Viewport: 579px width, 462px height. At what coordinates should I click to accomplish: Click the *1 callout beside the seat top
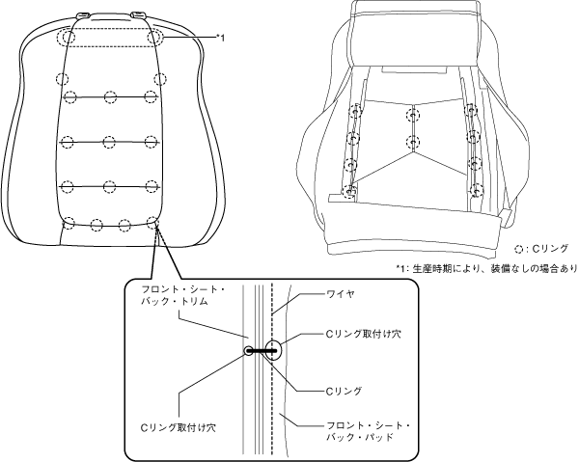[220, 38]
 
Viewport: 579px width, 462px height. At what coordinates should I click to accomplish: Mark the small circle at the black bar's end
[248, 351]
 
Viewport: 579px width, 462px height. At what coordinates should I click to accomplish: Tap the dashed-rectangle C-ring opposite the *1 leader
[66, 38]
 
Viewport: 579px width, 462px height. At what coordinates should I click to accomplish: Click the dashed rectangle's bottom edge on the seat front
[111, 46]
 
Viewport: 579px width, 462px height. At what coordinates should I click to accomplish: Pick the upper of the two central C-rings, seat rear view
[413, 115]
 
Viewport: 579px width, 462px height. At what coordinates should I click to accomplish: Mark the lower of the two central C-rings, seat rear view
[413, 144]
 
